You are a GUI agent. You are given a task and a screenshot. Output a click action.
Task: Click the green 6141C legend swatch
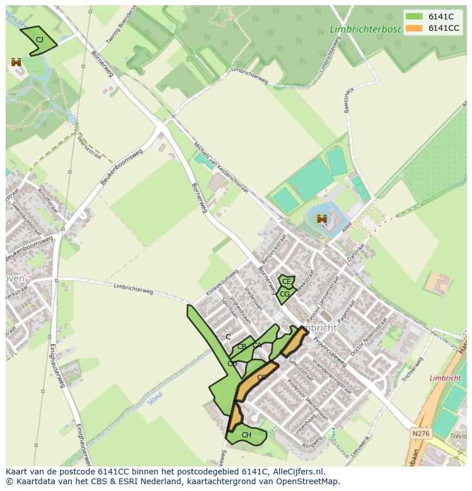[x=414, y=17]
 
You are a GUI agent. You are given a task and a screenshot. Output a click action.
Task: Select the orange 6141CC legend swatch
[x=414, y=28]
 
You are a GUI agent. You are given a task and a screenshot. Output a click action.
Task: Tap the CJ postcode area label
[x=39, y=40]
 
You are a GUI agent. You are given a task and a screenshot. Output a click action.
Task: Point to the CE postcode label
[x=286, y=282]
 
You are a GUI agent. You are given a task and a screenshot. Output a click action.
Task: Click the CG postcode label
[x=284, y=294]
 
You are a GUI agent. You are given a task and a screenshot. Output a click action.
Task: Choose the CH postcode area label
[x=246, y=435]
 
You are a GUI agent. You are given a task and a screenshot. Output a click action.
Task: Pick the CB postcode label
[x=242, y=347]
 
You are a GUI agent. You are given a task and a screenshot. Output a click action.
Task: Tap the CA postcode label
[x=257, y=345]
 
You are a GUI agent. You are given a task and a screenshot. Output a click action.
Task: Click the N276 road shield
[x=420, y=434]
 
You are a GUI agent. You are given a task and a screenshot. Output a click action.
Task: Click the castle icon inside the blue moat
[x=322, y=218]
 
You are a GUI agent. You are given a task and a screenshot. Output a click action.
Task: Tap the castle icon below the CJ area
[x=16, y=62]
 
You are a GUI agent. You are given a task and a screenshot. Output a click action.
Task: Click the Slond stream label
[x=154, y=397]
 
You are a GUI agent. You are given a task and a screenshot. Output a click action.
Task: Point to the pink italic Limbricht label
[x=445, y=378]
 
